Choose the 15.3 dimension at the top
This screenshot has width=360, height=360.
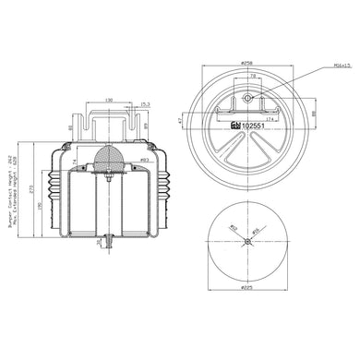click(x=146, y=104)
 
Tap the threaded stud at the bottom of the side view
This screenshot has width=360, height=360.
click(x=109, y=244)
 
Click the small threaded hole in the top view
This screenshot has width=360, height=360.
click(x=247, y=99)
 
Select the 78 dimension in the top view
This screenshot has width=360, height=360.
click(x=250, y=78)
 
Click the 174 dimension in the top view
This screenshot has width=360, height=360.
click(x=270, y=119)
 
